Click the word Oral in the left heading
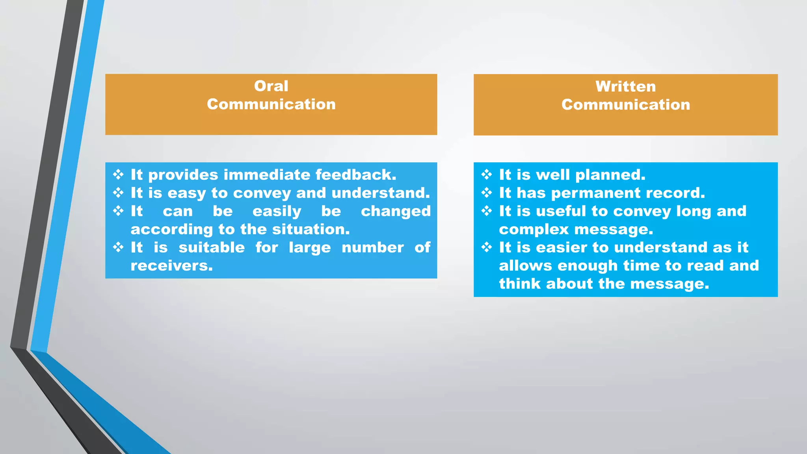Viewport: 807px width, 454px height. [x=271, y=86]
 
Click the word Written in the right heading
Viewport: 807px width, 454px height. [x=625, y=86]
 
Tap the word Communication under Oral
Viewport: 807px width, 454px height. [x=271, y=104]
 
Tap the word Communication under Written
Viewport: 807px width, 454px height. [x=625, y=104]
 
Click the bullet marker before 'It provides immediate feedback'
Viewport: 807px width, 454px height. [x=118, y=175]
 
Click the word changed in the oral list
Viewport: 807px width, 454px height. [x=396, y=211]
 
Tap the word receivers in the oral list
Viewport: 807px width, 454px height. [x=171, y=266]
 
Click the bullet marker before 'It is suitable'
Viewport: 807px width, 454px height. [x=118, y=247]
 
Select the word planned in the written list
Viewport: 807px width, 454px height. [x=610, y=175]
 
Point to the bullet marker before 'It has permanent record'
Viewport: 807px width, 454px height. [x=487, y=193]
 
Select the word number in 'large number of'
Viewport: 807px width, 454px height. [x=372, y=247]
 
